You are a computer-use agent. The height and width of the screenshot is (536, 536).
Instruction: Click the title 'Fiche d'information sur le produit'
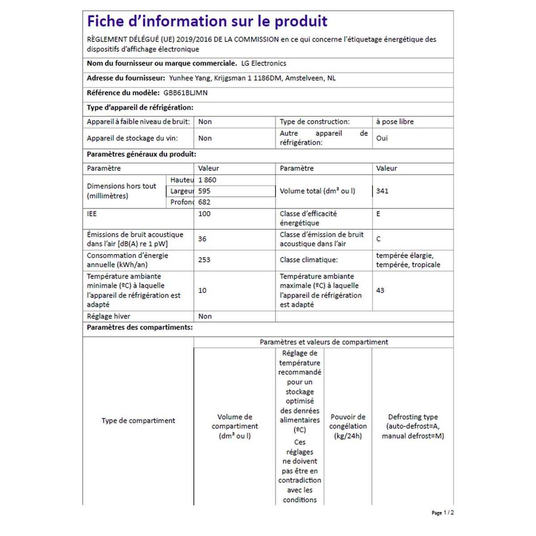tap(207, 21)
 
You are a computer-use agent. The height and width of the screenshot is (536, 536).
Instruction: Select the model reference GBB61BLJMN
tap(185, 93)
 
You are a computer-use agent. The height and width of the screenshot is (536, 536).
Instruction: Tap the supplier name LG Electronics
tap(264, 63)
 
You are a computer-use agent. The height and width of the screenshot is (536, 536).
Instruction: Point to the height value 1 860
tap(207, 180)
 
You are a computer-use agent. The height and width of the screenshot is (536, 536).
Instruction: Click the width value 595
tap(204, 191)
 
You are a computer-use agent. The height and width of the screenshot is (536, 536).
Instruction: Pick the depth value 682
tap(204, 202)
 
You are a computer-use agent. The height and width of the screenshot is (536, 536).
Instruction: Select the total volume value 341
tap(382, 191)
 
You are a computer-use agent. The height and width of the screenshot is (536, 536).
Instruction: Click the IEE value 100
tap(204, 214)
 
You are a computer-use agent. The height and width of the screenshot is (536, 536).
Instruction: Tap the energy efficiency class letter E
tap(378, 214)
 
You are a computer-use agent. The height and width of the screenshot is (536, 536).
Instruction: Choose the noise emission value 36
tap(202, 239)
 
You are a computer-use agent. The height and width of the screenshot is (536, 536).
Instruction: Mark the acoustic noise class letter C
tap(378, 239)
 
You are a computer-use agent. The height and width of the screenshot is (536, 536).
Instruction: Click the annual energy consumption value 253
tap(204, 260)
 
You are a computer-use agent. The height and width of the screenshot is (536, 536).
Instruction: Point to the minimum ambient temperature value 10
tap(202, 290)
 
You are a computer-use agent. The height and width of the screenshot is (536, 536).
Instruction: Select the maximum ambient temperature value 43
tap(380, 290)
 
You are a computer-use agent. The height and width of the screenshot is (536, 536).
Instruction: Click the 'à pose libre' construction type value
tap(395, 121)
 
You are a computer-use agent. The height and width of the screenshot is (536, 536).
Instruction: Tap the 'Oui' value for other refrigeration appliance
tap(382, 138)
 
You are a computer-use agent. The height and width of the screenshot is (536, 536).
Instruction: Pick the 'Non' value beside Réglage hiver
tap(205, 316)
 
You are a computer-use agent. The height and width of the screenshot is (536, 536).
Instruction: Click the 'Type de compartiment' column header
tap(138, 421)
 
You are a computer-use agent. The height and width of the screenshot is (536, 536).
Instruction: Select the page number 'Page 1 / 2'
tap(443, 513)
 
